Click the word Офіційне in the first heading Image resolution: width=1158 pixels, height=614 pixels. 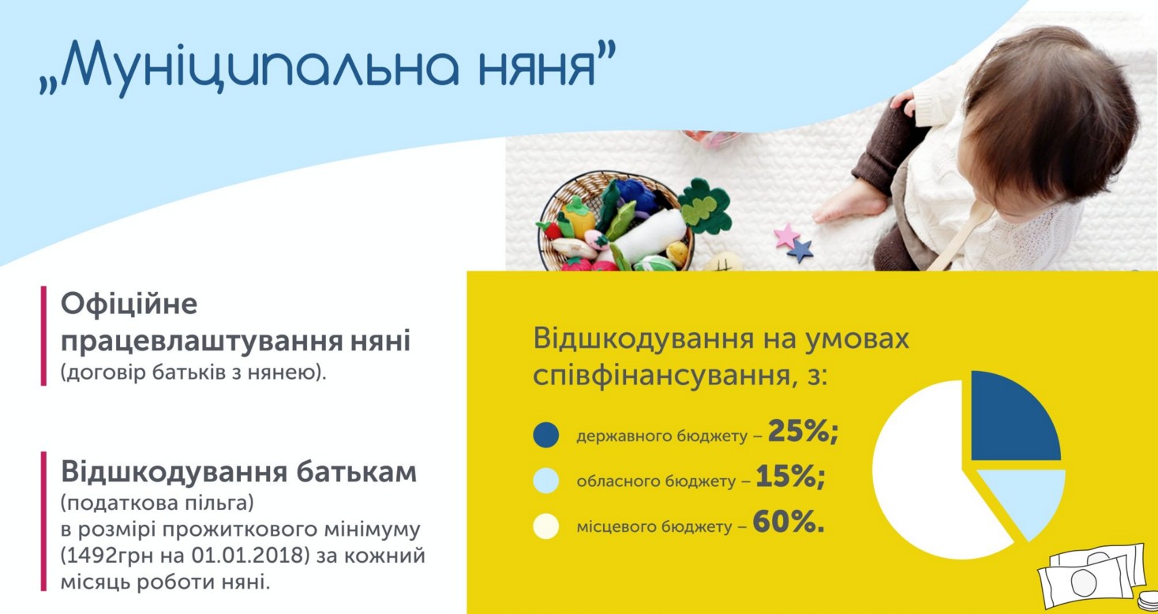click(x=129, y=304)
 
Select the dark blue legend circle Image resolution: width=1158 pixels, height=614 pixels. click(x=546, y=435)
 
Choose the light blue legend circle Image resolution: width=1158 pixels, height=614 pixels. click(x=546, y=480)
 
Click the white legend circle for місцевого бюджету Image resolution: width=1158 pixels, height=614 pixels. click(x=546, y=526)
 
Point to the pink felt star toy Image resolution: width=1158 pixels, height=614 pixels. click(x=786, y=235)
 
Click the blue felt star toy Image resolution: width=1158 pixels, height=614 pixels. click(x=800, y=251)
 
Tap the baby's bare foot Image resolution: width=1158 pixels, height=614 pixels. click(x=848, y=203)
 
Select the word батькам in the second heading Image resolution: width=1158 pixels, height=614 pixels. click(x=356, y=472)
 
